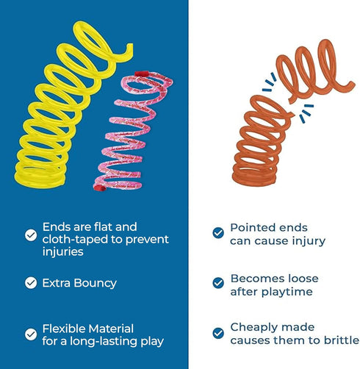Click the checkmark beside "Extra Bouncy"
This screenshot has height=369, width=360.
31,283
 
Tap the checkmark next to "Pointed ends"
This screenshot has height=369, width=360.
218,233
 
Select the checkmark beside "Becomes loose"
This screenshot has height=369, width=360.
218,283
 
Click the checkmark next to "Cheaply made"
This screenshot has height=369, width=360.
218,333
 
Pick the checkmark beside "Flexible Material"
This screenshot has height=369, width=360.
31,334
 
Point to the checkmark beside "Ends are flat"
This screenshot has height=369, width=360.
31,235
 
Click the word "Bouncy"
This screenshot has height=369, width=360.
95,284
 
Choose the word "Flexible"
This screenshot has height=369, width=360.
64,329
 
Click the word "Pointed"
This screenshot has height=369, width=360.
251,228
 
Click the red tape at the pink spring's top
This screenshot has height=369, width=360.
142,74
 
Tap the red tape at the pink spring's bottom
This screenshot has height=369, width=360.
100,188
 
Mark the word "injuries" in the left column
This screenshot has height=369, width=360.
63,252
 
